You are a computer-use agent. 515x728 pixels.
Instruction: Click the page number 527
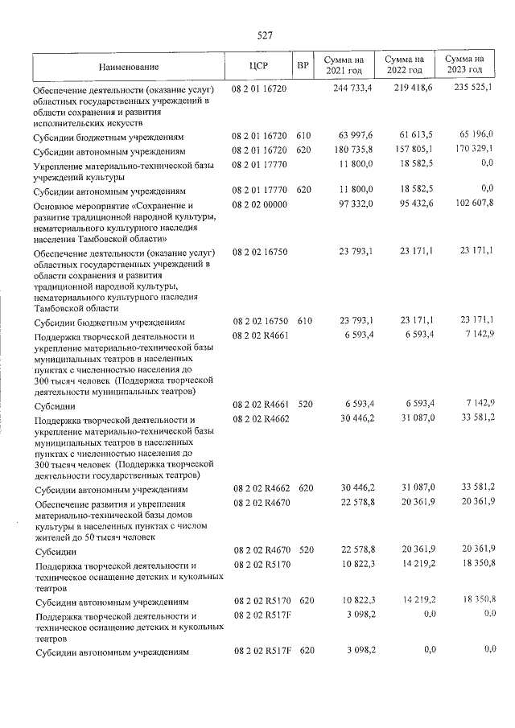click(265, 35)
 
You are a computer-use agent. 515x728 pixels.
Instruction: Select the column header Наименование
click(130, 67)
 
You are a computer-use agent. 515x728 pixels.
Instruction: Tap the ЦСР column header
click(258, 66)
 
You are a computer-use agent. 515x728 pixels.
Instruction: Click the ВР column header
click(303, 66)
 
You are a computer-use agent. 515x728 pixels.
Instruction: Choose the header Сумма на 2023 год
click(464, 66)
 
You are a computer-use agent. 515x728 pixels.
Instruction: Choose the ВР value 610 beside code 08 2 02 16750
click(304, 321)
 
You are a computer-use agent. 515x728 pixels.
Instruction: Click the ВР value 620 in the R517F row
click(304, 650)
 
